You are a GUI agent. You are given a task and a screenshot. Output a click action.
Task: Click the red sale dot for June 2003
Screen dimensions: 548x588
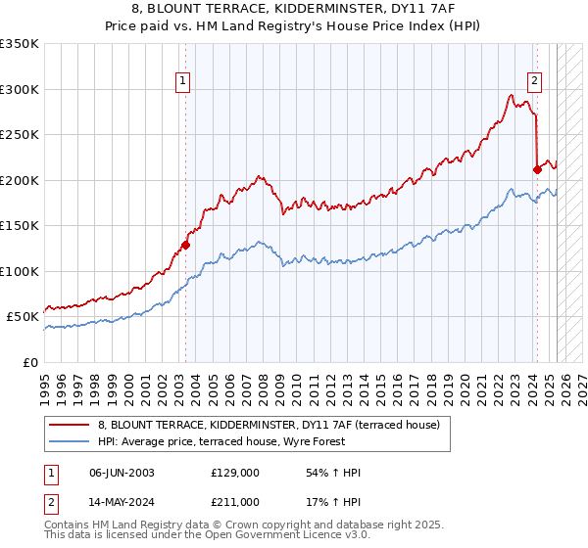pyautogui.click(x=185, y=246)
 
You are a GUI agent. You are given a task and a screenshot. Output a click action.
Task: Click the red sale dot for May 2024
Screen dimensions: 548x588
pyautogui.click(x=537, y=169)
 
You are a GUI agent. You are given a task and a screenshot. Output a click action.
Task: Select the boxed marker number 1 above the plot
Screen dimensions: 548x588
pyautogui.click(x=184, y=81)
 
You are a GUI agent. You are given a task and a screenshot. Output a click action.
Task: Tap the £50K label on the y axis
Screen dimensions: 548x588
pyautogui.click(x=23, y=317)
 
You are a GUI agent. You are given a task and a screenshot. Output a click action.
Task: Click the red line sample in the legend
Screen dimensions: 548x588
pyautogui.click(x=69, y=425)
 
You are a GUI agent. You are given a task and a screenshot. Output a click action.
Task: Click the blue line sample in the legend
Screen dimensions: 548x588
pyautogui.click(x=69, y=441)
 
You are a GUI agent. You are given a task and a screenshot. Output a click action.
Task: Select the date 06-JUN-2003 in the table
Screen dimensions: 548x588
pyautogui.click(x=122, y=473)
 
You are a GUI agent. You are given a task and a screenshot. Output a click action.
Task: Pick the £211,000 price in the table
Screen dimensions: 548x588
pyautogui.click(x=235, y=502)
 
